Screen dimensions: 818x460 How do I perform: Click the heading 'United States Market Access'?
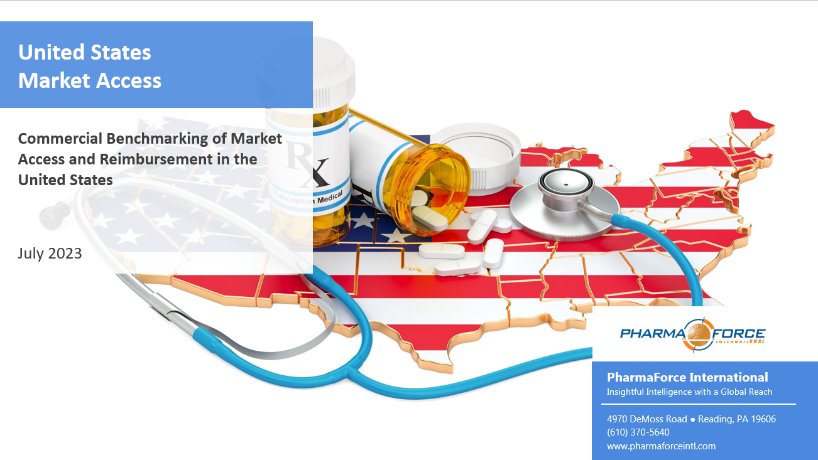90,66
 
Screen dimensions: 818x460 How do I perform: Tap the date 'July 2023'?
50,253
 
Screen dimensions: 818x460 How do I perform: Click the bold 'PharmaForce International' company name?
687,377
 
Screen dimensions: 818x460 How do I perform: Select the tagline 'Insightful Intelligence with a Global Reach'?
689,392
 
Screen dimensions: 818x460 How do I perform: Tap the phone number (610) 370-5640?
638,432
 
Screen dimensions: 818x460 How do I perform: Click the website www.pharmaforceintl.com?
661,446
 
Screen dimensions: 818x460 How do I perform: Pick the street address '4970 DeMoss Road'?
646,419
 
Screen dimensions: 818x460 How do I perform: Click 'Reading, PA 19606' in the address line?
737,419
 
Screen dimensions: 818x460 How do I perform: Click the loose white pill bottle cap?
477,156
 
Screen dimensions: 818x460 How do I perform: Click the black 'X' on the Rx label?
319,171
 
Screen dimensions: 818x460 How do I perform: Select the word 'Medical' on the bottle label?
330,198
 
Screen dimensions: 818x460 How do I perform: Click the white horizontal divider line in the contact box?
698,404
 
